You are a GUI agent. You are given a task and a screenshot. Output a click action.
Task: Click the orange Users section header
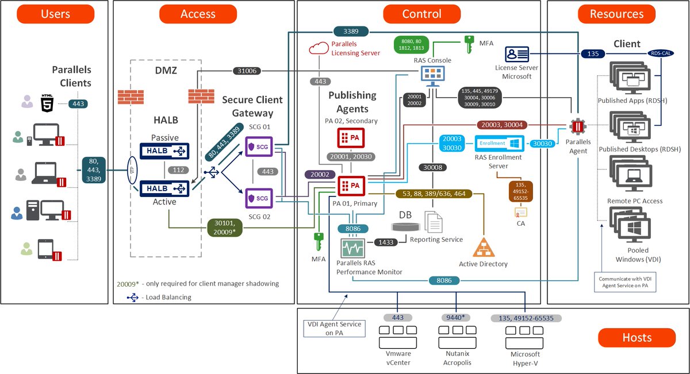(56, 14)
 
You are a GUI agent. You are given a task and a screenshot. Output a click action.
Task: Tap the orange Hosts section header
(637, 338)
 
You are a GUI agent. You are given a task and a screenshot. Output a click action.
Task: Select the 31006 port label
(247, 71)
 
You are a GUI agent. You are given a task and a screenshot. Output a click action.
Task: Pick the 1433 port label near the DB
(386, 242)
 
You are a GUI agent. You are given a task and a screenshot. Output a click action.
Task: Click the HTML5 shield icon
(46, 103)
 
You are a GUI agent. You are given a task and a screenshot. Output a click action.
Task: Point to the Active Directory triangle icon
(483, 248)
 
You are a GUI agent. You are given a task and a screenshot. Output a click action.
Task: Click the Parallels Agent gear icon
(577, 126)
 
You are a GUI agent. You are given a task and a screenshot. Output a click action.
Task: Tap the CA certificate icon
(521, 213)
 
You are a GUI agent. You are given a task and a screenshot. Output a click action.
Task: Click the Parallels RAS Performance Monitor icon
(352, 249)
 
